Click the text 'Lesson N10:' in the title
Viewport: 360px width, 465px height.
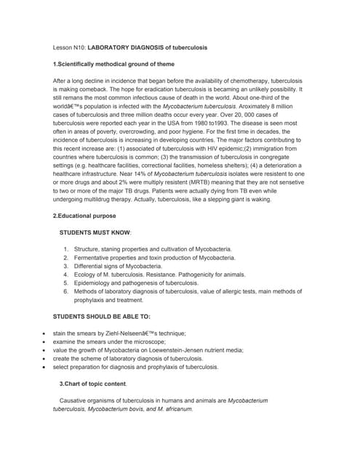(69, 47)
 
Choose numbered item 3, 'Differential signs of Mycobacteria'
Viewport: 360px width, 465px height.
(116, 267)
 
